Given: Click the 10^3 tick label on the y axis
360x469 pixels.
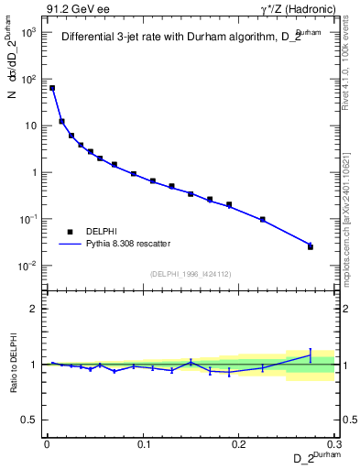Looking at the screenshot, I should (27, 32).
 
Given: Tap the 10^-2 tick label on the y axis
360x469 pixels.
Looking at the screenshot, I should (27, 267).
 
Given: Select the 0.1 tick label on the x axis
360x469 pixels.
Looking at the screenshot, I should (143, 443).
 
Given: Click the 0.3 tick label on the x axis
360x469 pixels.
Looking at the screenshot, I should (334, 443).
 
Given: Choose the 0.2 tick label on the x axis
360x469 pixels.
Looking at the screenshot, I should (239, 443).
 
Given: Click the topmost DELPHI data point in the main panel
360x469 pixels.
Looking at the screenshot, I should (52, 88).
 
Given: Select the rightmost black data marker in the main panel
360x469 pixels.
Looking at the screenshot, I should (311, 246).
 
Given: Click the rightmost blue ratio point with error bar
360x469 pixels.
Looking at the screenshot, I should (311, 354).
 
